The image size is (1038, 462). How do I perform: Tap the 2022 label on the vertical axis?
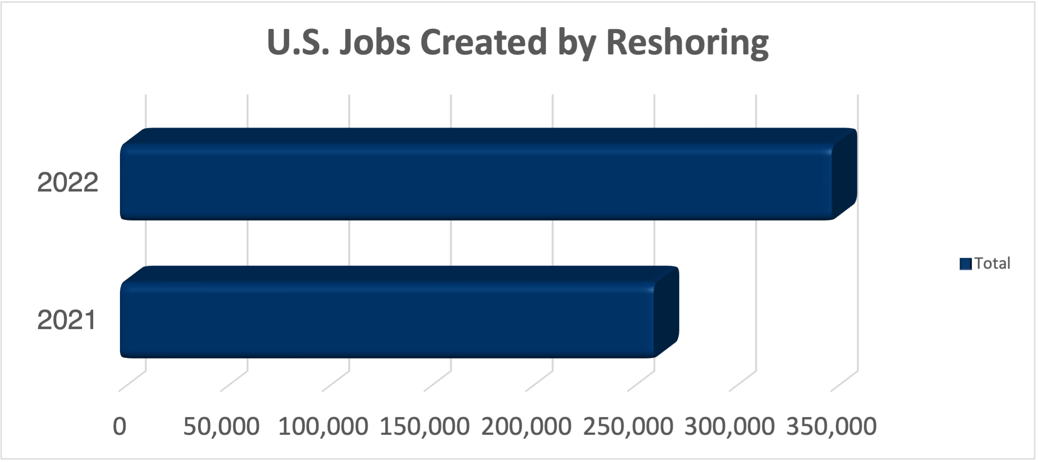click(68, 182)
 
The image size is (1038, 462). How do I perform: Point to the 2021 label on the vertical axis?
click(66, 320)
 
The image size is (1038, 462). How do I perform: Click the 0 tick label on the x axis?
click(120, 426)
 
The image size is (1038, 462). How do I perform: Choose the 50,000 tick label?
click(221, 426)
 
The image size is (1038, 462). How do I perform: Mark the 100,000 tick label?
click(323, 426)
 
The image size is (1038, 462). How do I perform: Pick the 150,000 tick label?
click(425, 426)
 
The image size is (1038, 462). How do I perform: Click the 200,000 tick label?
click(526, 426)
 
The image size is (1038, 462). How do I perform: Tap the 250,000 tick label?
click(628, 426)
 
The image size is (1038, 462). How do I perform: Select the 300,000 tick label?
click(730, 426)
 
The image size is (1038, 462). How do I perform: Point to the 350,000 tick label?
click(831, 426)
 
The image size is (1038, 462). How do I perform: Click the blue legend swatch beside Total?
click(966, 264)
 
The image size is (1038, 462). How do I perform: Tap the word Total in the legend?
click(992, 263)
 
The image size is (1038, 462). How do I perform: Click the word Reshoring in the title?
click(687, 43)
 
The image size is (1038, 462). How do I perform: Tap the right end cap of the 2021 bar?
click(667, 312)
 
